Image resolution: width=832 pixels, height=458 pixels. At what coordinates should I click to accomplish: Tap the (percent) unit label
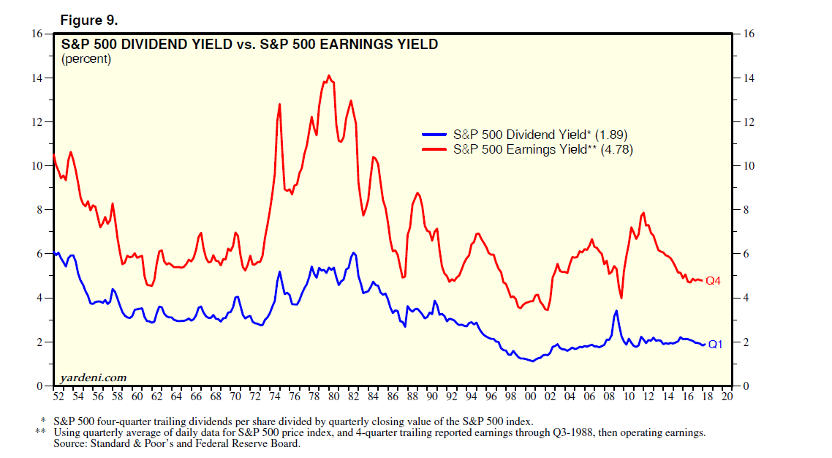coord(86,59)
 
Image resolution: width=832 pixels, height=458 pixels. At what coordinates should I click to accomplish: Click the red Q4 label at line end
coord(713,281)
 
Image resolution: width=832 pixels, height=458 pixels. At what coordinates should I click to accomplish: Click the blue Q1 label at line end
coord(714,344)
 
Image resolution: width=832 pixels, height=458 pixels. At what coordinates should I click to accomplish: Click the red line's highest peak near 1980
coord(329,75)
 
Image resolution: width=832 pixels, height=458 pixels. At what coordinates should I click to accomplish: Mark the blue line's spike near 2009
coord(616,311)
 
